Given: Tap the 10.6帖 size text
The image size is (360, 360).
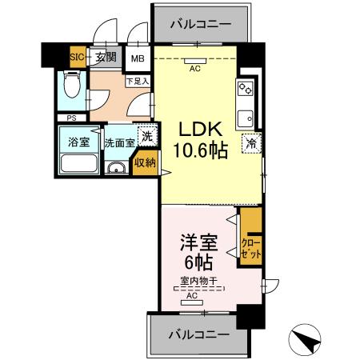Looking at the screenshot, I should tap(196, 150).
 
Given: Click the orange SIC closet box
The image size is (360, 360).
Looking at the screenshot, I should tap(78, 57).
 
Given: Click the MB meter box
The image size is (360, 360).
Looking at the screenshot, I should tap(138, 58).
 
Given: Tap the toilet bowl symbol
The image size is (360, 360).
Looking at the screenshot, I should tap(71, 86).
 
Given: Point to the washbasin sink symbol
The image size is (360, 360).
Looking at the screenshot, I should tap(117, 167).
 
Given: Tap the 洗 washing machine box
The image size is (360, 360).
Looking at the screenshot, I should tap(146, 136).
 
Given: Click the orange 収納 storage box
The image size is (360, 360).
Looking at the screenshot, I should tap(145, 162).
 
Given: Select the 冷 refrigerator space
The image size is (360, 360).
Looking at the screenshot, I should tap(251, 145).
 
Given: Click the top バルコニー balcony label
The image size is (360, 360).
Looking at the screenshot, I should tap(200, 24).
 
